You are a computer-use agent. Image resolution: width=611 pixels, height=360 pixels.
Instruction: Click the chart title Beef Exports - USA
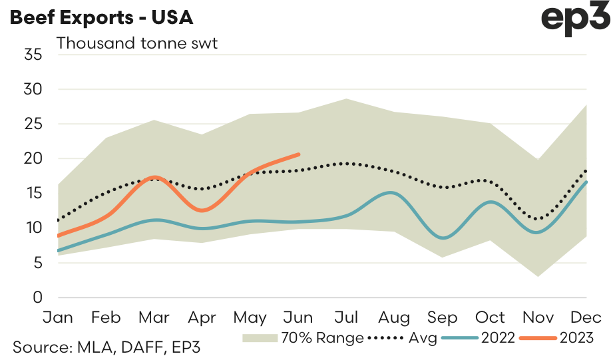[x=101, y=17]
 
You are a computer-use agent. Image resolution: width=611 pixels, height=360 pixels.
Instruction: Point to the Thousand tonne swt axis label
[x=137, y=44]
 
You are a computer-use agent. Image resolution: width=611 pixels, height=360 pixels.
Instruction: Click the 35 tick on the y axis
[x=33, y=55]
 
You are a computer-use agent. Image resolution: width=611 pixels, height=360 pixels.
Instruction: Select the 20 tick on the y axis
[x=33, y=158]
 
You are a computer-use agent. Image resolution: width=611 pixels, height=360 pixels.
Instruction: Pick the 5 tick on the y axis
[x=37, y=263]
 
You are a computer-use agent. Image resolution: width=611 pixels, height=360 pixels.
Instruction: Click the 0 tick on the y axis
[x=37, y=297]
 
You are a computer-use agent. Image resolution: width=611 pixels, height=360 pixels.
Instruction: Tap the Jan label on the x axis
[x=59, y=317]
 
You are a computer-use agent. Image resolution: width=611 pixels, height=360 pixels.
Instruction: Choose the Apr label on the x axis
[x=202, y=317]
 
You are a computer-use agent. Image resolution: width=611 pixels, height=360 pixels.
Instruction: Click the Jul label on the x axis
[x=345, y=317]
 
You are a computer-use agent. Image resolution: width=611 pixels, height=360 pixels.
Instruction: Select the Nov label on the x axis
[x=536, y=317]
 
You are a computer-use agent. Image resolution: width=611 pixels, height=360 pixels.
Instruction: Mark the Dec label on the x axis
[x=585, y=317]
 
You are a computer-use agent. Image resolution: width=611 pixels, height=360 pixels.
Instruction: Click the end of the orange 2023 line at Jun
[x=298, y=154]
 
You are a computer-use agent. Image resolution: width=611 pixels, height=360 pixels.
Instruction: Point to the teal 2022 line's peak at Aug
[x=393, y=193]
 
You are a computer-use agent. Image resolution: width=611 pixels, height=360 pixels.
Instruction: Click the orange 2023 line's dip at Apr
[x=202, y=210]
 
